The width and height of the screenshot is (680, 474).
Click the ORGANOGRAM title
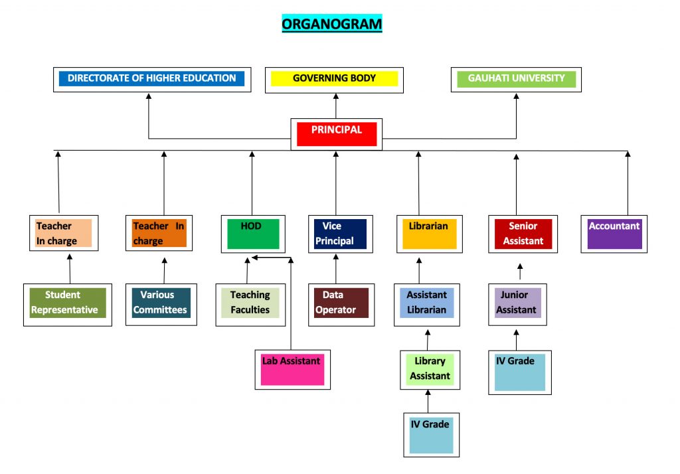[332, 24]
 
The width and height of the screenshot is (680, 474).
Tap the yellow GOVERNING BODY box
[335, 79]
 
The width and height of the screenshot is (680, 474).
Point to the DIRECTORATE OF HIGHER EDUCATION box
[151, 79]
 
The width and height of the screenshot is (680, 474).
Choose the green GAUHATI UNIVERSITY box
[516, 79]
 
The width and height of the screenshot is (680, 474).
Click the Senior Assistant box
[523, 234]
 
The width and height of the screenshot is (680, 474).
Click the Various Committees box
[159, 303]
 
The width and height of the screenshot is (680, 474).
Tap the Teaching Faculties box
[250, 303]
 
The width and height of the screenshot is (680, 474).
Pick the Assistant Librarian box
[427, 303]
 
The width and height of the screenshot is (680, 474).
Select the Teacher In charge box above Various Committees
[159, 234]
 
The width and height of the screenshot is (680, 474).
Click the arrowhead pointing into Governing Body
[335, 96]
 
